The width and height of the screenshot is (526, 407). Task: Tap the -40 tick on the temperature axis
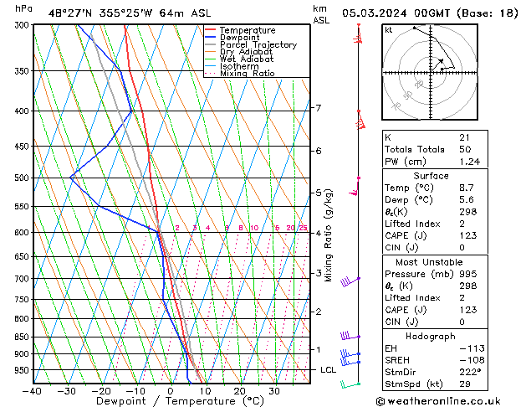tap(33, 391)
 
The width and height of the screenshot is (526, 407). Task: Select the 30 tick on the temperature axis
tap(273, 391)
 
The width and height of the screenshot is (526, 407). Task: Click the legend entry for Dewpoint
tap(239, 38)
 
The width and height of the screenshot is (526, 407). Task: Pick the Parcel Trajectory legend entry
tap(258, 45)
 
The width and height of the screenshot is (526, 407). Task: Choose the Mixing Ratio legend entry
tap(248, 74)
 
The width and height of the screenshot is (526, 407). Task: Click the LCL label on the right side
tap(328, 369)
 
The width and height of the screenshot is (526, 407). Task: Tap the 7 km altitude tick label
tap(318, 108)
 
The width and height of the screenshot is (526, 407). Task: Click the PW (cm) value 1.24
tap(468, 162)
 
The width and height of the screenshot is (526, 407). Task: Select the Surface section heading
tap(431, 176)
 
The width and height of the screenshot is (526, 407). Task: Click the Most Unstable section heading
tap(431, 261)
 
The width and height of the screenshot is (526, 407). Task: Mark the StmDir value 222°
tap(470, 372)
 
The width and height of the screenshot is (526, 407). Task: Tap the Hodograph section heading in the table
tap(431, 335)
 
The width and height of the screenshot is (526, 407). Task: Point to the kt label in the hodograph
tap(388, 29)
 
